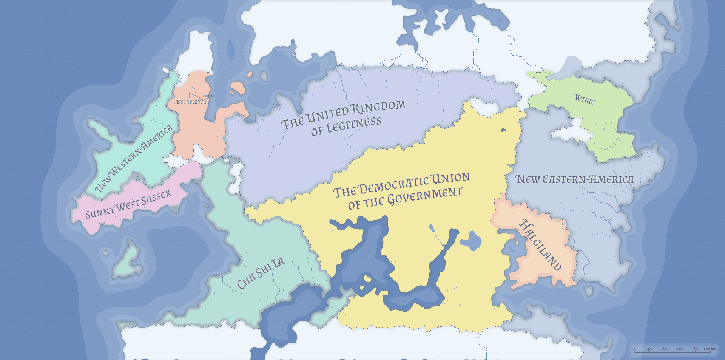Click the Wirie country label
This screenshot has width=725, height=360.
[x=585, y=99]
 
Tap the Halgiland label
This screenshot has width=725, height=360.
[x=540, y=244]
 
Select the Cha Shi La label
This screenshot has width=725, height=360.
[x=261, y=273]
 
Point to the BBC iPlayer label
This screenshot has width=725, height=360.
[x=191, y=102]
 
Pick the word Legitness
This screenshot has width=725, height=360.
[x=354, y=124]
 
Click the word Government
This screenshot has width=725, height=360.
[x=424, y=196]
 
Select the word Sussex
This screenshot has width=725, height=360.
[x=156, y=198]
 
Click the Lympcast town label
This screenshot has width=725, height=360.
[x=279, y=104]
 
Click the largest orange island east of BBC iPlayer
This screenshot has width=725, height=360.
[x=238, y=88]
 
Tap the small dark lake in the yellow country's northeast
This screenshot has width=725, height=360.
[x=503, y=130]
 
